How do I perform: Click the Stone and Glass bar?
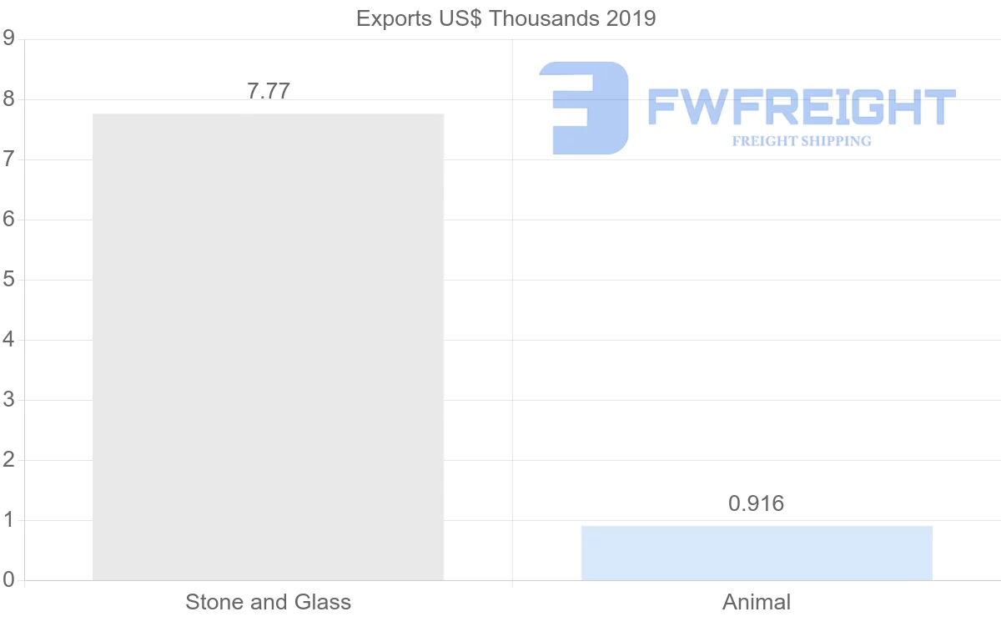pyautogui.click(x=268, y=346)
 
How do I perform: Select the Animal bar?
pyautogui.click(x=757, y=553)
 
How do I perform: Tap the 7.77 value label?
pyautogui.click(x=269, y=92)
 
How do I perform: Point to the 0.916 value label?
pyautogui.click(x=757, y=503)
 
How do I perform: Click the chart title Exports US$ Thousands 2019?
pyautogui.click(x=506, y=18)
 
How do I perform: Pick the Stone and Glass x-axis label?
pyautogui.click(x=268, y=602)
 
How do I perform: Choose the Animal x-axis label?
pyautogui.click(x=757, y=602)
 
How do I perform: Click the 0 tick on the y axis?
pyautogui.click(x=8, y=580)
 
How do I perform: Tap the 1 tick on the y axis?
pyautogui.click(x=8, y=520)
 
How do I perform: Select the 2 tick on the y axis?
pyautogui.click(x=8, y=460)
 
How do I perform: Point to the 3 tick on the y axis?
pyautogui.click(x=8, y=400)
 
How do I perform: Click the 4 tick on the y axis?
pyautogui.click(x=8, y=340)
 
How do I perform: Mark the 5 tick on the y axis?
pyautogui.click(x=8, y=280)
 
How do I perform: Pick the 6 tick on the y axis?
pyautogui.click(x=8, y=220)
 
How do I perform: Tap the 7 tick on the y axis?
pyautogui.click(x=8, y=159)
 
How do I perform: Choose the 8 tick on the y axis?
pyautogui.click(x=8, y=99)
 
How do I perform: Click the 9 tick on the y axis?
pyautogui.click(x=8, y=39)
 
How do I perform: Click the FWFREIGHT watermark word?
pyautogui.click(x=801, y=108)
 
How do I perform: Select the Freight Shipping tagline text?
pyautogui.click(x=802, y=141)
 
